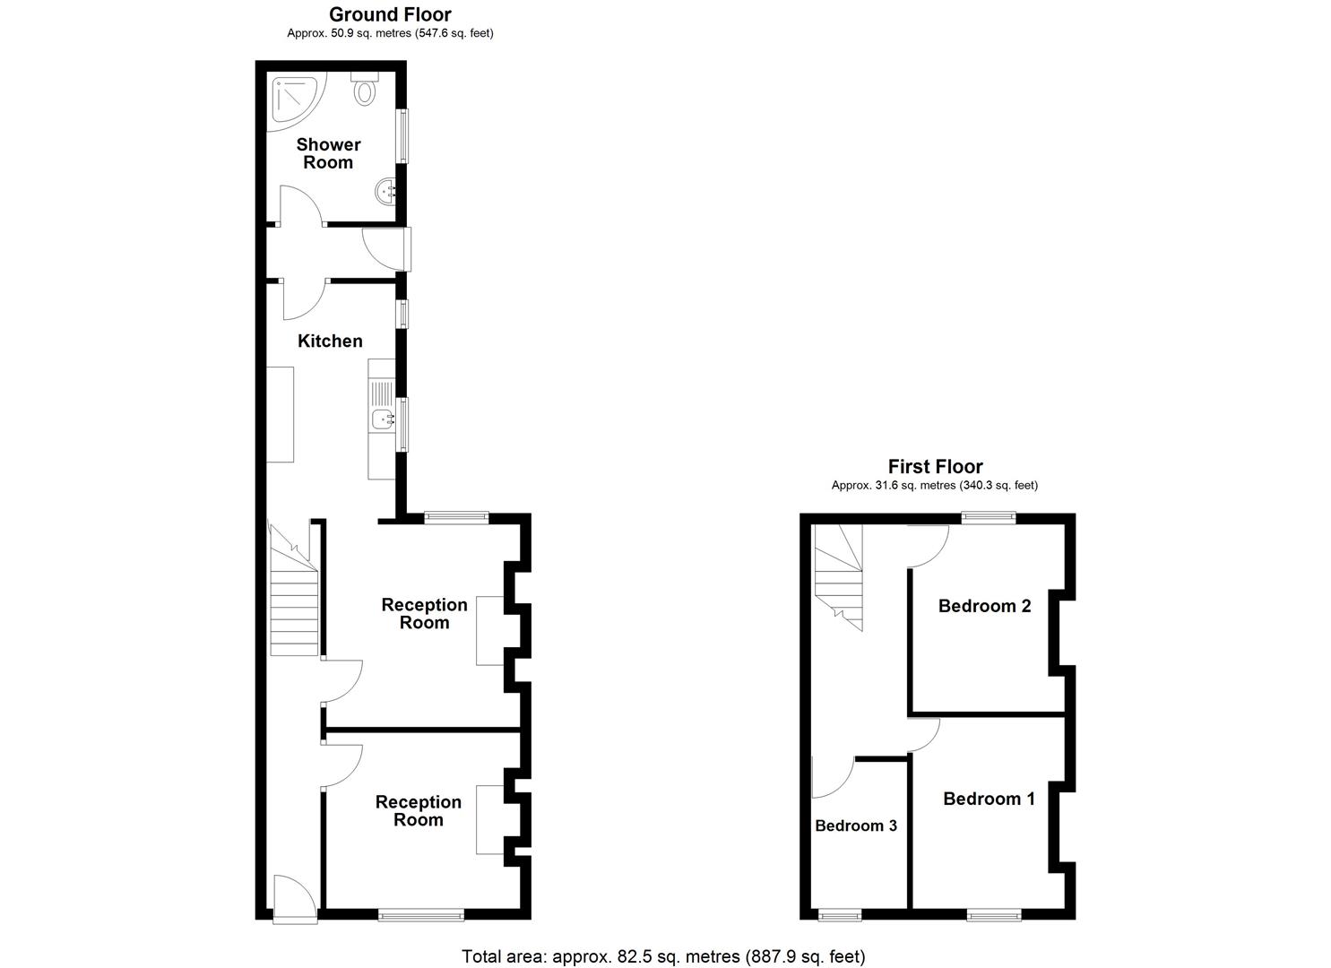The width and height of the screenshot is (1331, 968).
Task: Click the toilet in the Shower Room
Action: click(365, 90)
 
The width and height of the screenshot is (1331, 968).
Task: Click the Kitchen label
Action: click(330, 341)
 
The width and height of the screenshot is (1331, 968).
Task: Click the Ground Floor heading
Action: click(390, 14)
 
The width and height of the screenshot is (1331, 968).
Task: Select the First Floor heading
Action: click(935, 466)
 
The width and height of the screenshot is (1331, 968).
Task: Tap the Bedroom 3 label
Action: click(855, 825)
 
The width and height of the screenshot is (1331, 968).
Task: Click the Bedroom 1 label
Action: click(989, 799)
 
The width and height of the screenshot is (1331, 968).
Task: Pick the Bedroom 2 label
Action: click(984, 606)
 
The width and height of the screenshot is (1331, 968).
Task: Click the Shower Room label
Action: click(328, 153)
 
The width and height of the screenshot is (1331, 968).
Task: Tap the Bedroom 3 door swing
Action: click(831, 777)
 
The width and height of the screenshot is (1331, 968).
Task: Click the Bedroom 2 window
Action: click(989, 517)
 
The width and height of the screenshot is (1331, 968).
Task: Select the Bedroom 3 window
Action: click(841, 915)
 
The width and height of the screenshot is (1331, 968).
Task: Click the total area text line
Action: click(663, 956)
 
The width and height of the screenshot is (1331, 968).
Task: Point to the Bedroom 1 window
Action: click(993, 915)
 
